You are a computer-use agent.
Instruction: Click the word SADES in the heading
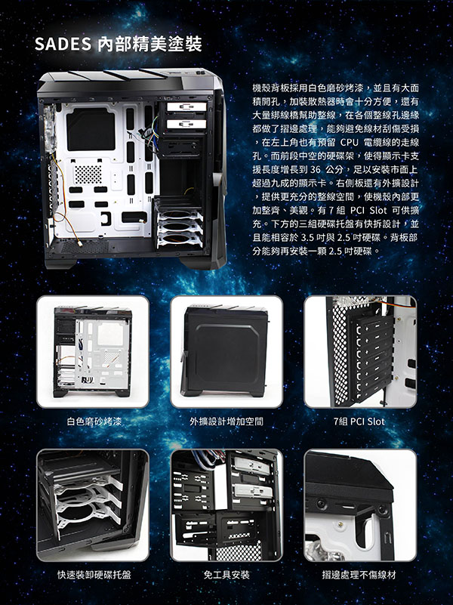(x=63, y=44)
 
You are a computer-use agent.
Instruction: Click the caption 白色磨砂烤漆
(x=94, y=421)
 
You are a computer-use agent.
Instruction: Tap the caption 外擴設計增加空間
(x=226, y=421)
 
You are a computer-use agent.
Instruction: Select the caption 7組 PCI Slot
(x=359, y=421)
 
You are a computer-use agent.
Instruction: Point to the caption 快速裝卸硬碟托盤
(x=94, y=575)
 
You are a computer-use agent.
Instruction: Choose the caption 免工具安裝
(x=226, y=575)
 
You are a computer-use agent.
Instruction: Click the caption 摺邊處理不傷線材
(x=359, y=575)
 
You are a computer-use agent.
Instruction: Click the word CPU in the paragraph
(x=350, y=143)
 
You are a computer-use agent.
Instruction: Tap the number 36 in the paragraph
(x=315, y=170)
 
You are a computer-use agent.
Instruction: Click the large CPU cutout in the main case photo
(x=91, y=129)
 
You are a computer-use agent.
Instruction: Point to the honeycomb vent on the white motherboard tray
(x=88, y=174)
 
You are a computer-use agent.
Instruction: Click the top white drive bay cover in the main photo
(x=187, y=107)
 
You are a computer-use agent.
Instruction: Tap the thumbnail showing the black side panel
(x=226, y=352)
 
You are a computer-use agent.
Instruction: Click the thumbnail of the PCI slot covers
(x=360, y=352)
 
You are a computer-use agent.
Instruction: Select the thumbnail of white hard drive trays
(x=93, y=505)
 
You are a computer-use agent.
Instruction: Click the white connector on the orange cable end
(x=79, y=243)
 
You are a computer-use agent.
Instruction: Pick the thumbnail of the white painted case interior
(x=93, y=352)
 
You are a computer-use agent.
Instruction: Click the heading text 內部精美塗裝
(x=149, y=44)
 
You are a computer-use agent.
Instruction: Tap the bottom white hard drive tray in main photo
(x=180, y=240)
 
